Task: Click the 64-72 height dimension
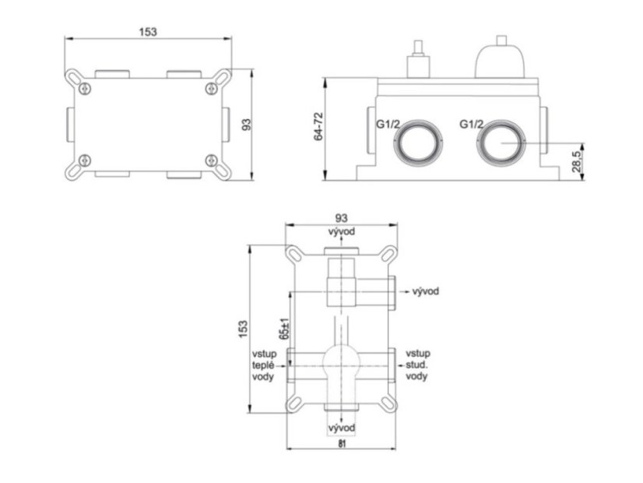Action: tap(318, 126)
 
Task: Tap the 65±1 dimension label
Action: tap(285, 328)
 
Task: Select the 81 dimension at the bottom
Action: tap(343, 443)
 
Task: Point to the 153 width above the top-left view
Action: tap(148, 32)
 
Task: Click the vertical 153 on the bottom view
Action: tap(243, 329)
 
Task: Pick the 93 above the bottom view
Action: tap(341, 217)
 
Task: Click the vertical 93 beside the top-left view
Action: tap(247, 125)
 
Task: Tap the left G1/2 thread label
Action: tap(388, 124)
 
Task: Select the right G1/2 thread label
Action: tap(471, 124)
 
